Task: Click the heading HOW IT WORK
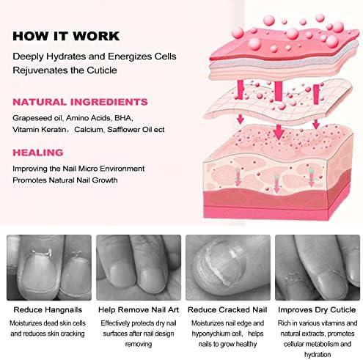click(66, 36)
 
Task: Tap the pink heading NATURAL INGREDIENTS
click(80, 102)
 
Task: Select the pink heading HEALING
click(38, 153)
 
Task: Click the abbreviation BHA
click(123, 118)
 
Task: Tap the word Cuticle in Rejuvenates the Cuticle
click(102, 70)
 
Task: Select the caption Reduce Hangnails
click(48, 310)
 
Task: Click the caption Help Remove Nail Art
click(139, 310)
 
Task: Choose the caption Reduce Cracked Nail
click(227, 310)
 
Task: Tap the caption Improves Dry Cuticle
click(317, 310)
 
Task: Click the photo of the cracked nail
click(228, 268)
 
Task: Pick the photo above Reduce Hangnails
click(49, 268)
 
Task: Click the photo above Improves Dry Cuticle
click(318, 268)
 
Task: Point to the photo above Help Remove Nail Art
click(139, 268)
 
